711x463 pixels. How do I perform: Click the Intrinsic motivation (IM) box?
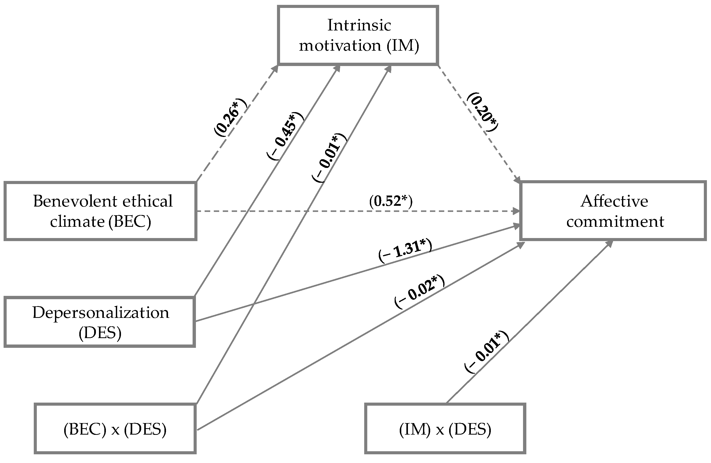[358, 36]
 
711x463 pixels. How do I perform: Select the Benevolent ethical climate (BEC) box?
[100, 211]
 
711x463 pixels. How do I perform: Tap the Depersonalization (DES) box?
[100, 322]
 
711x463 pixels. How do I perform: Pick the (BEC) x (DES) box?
[115, 429]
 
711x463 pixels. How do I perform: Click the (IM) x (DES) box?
[445, 429]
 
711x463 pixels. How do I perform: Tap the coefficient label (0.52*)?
[391, 201]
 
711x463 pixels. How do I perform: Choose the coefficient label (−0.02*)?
[419, 292]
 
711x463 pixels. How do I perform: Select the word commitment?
[615, 221]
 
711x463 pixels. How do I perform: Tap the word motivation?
[340, 46]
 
